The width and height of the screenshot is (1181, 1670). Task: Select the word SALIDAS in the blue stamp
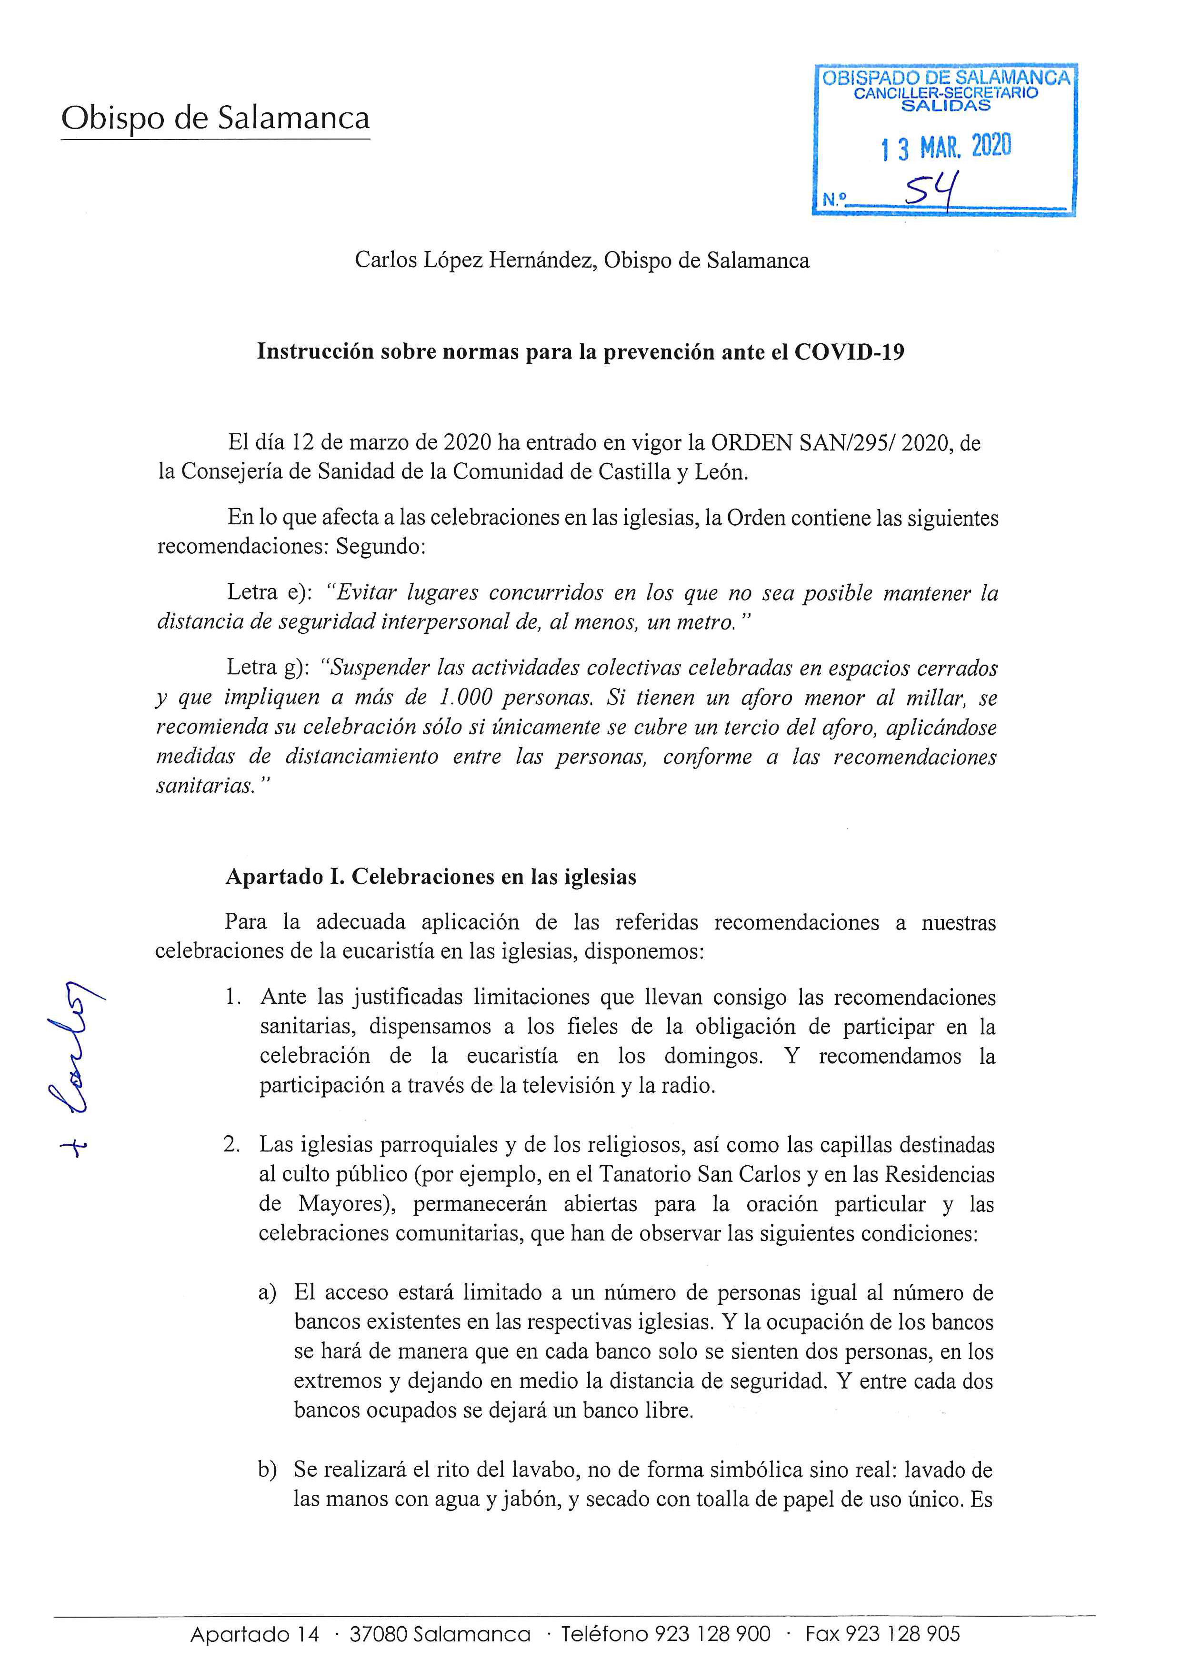(x=945, y=105)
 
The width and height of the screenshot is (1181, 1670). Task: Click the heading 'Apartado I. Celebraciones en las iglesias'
(x=430, y=877)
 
